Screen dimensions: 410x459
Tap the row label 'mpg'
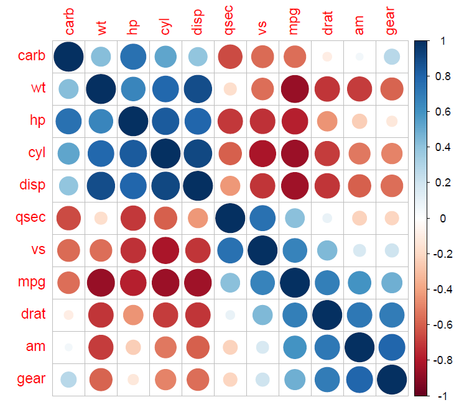(x=31, y=282)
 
